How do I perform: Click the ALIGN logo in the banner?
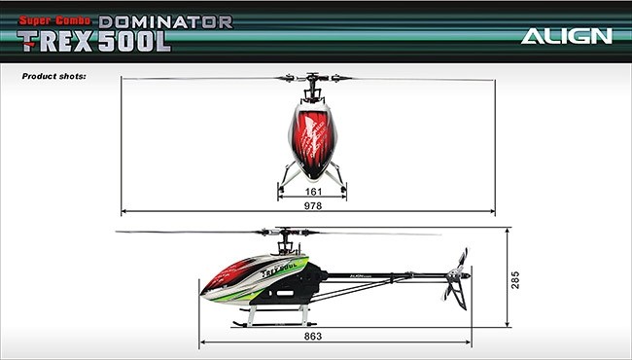(566, 36)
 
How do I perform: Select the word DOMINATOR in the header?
(165, 21)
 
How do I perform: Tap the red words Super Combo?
(54, 20)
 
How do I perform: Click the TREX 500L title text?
(94, 42)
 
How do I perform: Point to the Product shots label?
(54, 76)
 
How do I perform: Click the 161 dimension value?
(313, 192)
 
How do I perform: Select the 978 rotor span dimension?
(313, 206)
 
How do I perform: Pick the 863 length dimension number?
(313, 337)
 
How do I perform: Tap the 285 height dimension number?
(515, 280)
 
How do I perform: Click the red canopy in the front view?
(313, 141)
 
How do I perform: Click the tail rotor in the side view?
(456, 274)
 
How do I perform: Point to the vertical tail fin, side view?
(459, 294)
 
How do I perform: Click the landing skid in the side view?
(274, 324)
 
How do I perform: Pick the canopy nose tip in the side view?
(202, 293)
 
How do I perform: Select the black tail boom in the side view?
(387, 276)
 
